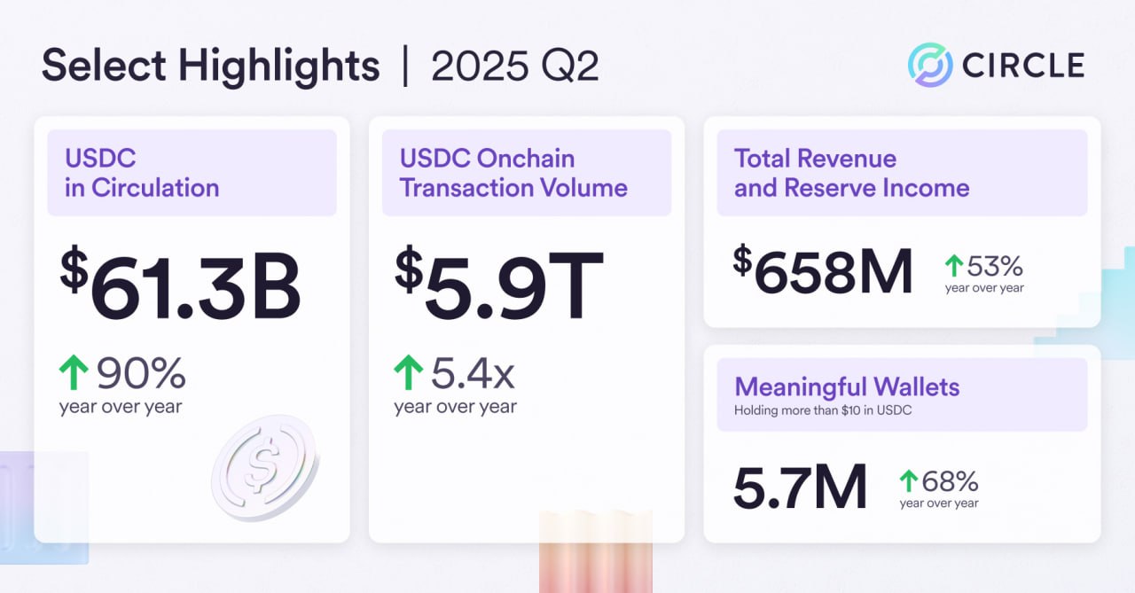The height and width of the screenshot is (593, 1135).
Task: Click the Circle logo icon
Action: [x=930, y=66]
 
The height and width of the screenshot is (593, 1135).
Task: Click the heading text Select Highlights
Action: [x=211, y=67]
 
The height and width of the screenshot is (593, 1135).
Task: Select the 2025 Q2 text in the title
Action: [x=515, y=67]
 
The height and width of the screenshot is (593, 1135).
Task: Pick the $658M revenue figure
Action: [x=824, y=272]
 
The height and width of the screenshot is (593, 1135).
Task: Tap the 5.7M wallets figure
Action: [x=800, y=488]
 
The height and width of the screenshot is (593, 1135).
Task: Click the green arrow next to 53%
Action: [x=954, y=265]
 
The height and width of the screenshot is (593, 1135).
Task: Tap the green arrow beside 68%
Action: [x=909, y=481]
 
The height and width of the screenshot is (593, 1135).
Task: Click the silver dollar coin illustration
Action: [x=265, y=466]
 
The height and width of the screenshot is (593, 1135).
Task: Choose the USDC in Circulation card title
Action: [x=142, y=173]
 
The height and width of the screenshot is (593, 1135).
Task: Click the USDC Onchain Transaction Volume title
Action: [x=513, y=173]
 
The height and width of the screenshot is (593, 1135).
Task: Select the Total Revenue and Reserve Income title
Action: [x=851, y=173]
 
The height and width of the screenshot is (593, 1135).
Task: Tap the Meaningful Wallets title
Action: [x=847, y=387]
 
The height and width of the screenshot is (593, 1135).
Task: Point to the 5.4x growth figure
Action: [x=473, y=375]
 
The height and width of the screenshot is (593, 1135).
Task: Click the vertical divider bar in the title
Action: [x=405, y=67]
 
